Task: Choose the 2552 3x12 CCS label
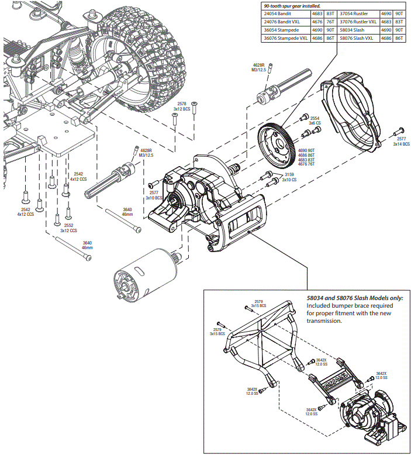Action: pos(68,228)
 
